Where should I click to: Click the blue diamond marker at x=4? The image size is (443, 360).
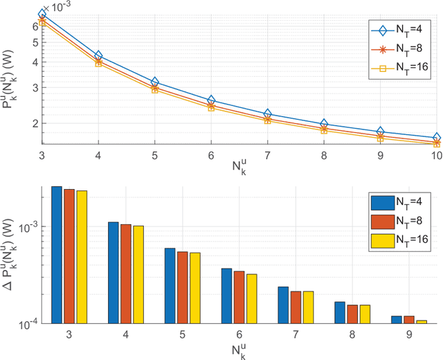point(98,55)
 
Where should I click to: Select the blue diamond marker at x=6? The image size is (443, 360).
point(211,100)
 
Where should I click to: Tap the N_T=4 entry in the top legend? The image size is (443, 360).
point(397,30)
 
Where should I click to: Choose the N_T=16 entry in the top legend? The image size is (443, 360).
point(397,67)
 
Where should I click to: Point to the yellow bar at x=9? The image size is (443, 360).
point(422,321)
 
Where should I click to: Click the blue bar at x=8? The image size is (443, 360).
point(339,312)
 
